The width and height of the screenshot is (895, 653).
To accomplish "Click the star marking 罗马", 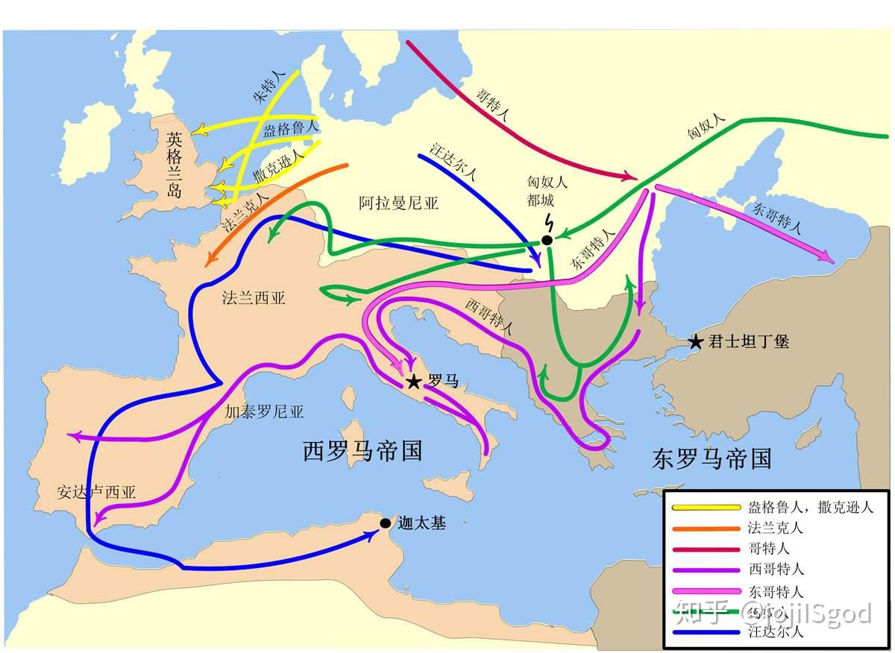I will [x=413, y=382].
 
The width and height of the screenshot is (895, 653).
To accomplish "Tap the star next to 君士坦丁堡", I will [x=695, y=342].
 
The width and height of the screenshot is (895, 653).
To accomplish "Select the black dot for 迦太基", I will [x=385, y=523].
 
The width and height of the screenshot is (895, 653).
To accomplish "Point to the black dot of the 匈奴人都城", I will [x=547, y=240].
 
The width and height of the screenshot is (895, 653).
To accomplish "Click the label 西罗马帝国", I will [x=362, y=450].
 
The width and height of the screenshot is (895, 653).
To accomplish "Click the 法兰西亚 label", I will [x=254, y=298].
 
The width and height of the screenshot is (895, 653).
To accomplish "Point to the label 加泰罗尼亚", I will [x=265, y=411].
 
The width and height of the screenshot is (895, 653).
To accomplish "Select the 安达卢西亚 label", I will [x=96, y=492].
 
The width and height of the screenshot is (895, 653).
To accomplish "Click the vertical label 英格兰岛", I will [x=175, y=163].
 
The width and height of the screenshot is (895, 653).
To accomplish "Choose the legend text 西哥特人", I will [x=775, y=570].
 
